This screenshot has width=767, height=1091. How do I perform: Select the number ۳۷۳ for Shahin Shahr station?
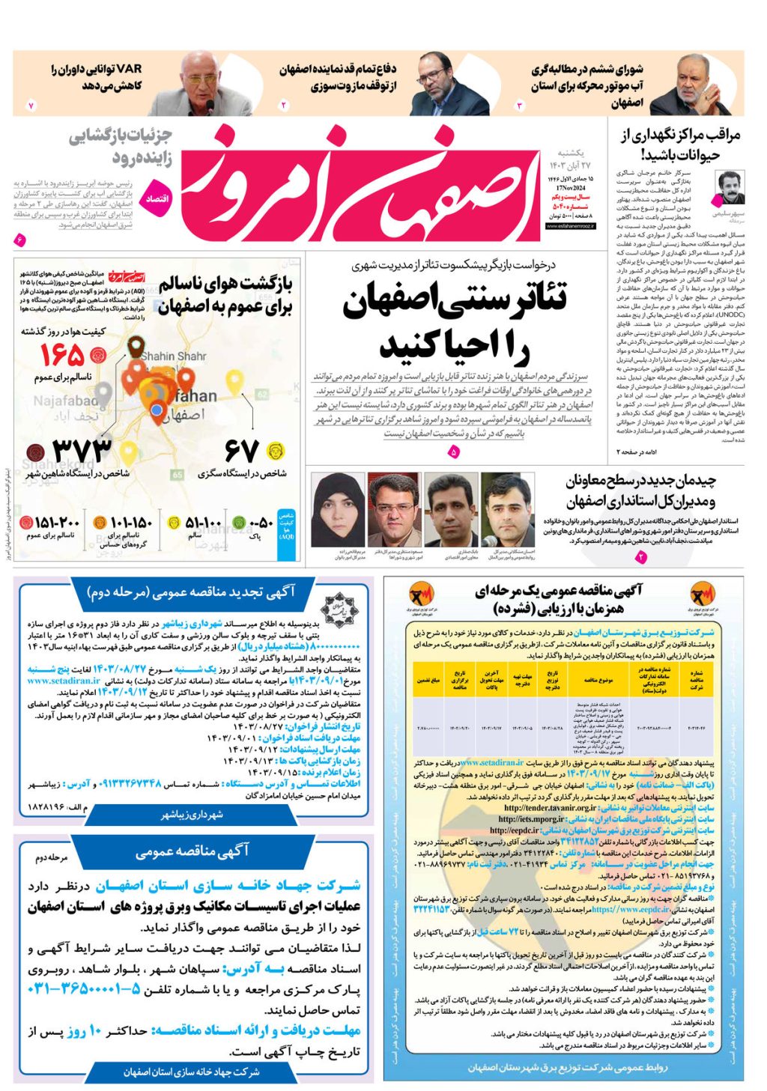click(x=82, y=452)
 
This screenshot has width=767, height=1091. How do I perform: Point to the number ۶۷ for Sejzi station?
click(x=242, y=452)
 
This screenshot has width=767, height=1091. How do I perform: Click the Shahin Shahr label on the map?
click(x=173, y=356)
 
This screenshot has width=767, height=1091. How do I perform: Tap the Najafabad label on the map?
click(x=65, y=401)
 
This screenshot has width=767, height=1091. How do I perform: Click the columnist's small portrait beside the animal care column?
click(x=730, y=188)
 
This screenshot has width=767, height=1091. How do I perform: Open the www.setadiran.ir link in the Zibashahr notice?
click(x=64, y=681)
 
